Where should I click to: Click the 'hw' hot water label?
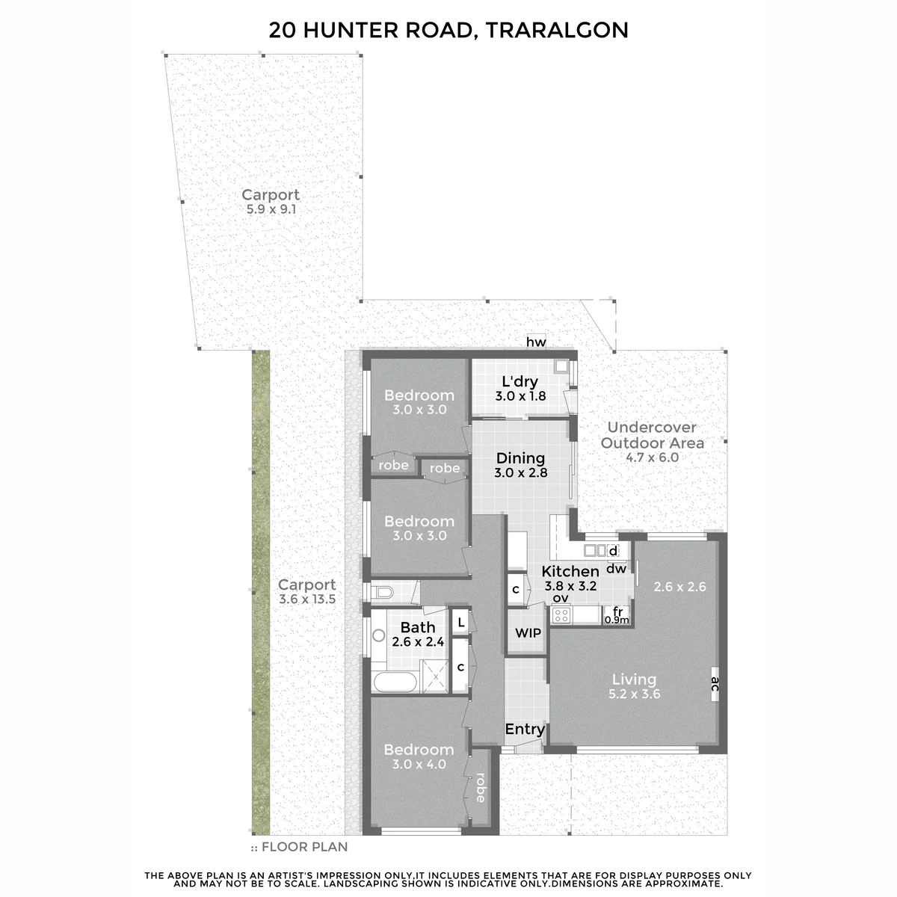tap(536, 342)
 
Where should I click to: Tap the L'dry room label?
tap(520, 382)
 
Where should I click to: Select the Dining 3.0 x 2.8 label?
tap(520, 466)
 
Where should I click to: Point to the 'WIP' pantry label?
tap(528, 633)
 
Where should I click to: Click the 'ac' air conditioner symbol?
tap(715, 683)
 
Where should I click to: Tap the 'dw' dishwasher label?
tap(616, 568)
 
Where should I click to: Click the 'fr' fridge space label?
tap(617, 611)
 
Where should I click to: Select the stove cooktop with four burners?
tap(561, 615)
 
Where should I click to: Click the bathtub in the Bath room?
tap(395, 682)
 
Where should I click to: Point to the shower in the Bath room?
tap(435, 676)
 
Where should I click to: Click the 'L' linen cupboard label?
tap(461, 623)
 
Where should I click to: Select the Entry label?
tap(525, 729)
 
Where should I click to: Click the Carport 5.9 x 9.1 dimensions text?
tap(271, 209)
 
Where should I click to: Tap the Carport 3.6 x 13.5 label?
tap(306, 591)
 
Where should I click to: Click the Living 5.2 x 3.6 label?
tap(634, 686)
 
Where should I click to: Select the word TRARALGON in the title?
tap(557, 30)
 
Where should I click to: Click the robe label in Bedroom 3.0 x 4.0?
tap(481, 788)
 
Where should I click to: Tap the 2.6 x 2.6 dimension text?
tap(679, 587)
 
